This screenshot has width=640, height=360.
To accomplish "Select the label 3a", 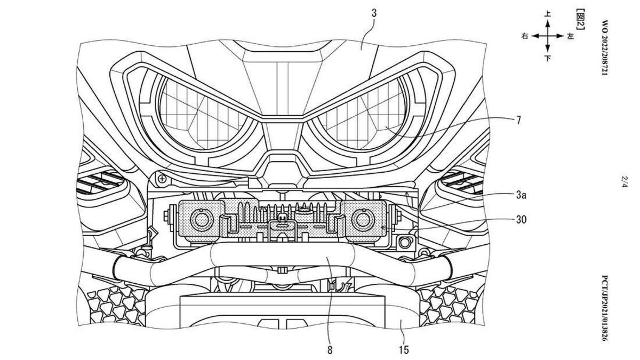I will pyautogui.click(x=521, y=196).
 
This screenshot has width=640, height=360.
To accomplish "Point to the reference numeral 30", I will pyautogui.click(x=521, y=219).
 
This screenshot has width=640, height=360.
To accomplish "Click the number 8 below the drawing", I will pyautogui.click(x=330, y=350).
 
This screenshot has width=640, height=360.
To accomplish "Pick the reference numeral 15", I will pyautogui.click(x=404, y=350).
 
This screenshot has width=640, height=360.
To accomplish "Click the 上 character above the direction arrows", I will pyautogui.click(x=548, y=15).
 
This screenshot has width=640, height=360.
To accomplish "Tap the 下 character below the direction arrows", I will pyautogui.click(x=548, y=58).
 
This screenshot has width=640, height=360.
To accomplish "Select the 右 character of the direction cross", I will pyautogui.click(x=525, y=36).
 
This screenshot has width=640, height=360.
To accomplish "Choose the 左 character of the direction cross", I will pyautogui.click(x=570, y=36).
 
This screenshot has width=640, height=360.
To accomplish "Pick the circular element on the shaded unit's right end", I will pyautogui.click(x=364, y=218).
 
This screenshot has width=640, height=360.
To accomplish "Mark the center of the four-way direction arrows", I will pyautogui.click(x=548, y=36).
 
